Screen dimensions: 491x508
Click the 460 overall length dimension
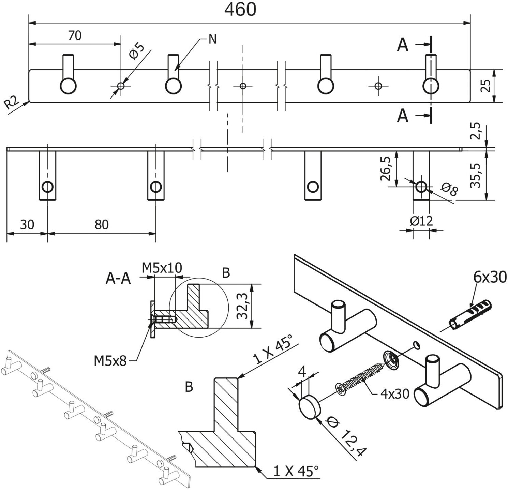tap(240, 10)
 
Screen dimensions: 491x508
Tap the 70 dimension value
tap(75, 35)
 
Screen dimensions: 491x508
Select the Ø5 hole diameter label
tap(136, 51)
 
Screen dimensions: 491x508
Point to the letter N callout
tap(212, 40)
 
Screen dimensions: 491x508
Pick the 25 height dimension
tap(485, 86)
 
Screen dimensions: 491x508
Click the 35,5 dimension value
tap(475, 175)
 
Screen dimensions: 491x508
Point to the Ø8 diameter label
tap(449, 190)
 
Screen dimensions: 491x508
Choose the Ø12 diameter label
tap(421, 221)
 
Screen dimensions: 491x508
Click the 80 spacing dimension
tap(102, 225)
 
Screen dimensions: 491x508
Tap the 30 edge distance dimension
tap(27, 225)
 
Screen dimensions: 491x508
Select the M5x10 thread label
tap(162, 268)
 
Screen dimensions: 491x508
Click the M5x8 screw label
tap(110, 360)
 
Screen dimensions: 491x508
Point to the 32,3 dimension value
tap(242, 306)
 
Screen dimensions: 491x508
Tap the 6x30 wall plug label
tap(490, 278)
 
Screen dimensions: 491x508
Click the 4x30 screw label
tap(394, 394)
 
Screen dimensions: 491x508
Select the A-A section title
tap(118, 279)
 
